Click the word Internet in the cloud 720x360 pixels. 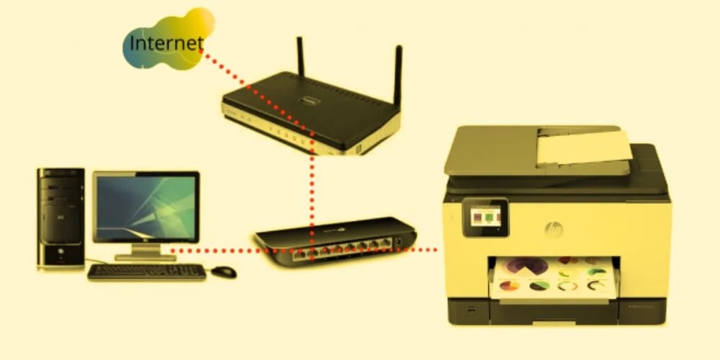click(x=165, y=43)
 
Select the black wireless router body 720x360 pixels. click(x=310, y=115)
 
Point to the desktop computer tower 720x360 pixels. click(x=60, y=216)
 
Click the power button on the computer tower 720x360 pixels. click(x=60, y=252)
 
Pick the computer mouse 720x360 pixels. click(x=224, y=271)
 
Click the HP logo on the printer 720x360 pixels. click(x=553, y=229)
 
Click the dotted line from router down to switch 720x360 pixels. click(x=311, y=187)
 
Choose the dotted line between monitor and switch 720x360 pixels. click(x=216, y=251)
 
